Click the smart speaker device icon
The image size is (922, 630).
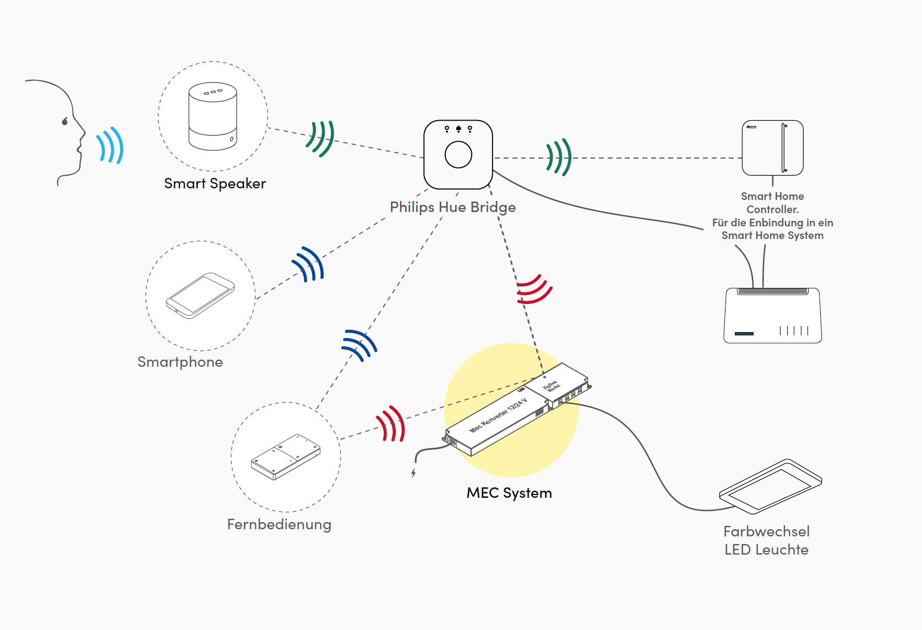coord(213,116)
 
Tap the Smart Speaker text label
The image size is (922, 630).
coord(215,183)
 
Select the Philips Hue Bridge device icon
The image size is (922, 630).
coord(458,154)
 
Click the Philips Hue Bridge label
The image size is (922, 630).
coord(452,207)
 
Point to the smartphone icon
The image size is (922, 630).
coord(200,295)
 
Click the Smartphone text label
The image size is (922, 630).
coord(180,362)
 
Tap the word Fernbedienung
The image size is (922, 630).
coord(279,524)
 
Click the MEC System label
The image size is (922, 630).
coord(509,493)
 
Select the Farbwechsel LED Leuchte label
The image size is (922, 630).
coord(766,540)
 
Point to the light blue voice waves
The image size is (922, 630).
coord(110,146)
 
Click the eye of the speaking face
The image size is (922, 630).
coord(65,121)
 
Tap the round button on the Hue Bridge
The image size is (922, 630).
coord(458,155)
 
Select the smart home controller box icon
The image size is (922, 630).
coord(772,148)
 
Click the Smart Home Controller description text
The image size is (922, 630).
coord(772,216)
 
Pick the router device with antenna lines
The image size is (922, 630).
coord(772,316)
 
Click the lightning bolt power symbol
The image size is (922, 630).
coord(413,472)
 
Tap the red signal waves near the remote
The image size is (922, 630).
coord(391,424)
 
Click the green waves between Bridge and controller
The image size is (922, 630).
coord(559,157)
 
